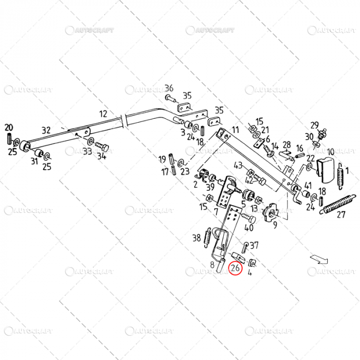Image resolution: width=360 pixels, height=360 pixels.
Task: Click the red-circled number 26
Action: click(x=236, y=268)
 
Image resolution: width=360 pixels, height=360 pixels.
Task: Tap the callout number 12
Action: click(x=103, y=114)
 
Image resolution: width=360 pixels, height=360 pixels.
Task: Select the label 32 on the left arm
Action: click(x=46, y=130)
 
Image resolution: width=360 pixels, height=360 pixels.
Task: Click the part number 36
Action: click(x=169, y=88)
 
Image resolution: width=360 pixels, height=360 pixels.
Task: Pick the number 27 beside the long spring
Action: click(x=341, y=215)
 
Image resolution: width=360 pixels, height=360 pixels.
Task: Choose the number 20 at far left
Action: click(x=9, y=128)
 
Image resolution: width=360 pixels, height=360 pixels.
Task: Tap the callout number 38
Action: click(x=196, y=238)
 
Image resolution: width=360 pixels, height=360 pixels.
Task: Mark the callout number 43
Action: click(x=238, y=166)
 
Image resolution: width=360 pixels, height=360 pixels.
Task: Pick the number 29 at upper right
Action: click(x=314, y=124)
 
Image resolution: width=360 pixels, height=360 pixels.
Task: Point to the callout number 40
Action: click(x=249, y=228)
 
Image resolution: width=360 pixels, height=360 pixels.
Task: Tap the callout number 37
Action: click(x=254, y=245)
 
